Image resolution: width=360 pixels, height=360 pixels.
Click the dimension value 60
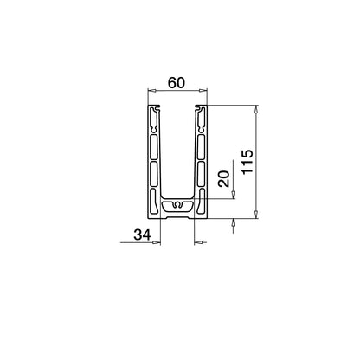tap(177, 83)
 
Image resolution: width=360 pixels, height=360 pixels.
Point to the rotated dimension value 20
tap(222, 179)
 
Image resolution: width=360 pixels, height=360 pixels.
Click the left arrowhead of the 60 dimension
tap(150, 90)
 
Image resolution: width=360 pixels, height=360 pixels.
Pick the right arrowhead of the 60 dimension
tap(206, 90)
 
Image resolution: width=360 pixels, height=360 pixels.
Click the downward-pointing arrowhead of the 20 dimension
tap(234, 194)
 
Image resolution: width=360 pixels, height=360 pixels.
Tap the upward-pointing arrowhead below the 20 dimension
tap(234, 222)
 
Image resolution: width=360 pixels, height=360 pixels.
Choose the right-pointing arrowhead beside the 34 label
tap(157, 241)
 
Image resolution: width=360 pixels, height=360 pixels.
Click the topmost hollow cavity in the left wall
tap(155, 121)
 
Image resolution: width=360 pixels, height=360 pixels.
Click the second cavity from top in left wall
tap(155, 147)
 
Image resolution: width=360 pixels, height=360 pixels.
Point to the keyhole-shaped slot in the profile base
tap(177, 207)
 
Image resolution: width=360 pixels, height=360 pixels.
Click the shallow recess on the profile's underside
tap(177, 216)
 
